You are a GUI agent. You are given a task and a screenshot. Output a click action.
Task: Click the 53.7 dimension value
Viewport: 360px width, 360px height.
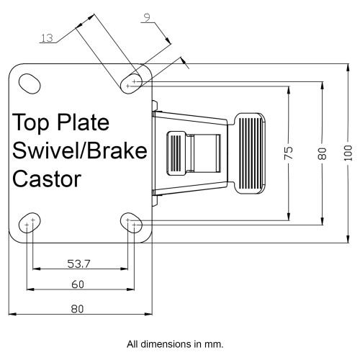click(x=78, y=264)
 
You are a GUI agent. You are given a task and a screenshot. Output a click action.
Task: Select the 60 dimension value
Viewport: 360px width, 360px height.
click(x=78, y=284)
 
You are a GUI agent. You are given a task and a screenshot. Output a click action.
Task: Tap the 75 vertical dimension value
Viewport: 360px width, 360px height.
click(x=289, y=153)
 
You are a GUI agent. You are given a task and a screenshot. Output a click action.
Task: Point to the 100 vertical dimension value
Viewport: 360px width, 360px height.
click(x=348, y=153)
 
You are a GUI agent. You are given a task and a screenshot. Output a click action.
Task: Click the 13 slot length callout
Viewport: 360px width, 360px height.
click(x=47, y=38)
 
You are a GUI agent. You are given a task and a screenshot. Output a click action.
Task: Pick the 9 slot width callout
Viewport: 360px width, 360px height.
click(x=147, y=17)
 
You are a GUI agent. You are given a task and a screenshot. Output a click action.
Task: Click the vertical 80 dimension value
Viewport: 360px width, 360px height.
click(x=322, y=153)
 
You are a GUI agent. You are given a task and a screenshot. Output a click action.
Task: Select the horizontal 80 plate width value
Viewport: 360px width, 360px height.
click(x=77, y=309)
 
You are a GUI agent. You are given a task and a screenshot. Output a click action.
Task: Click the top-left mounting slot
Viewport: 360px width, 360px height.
click(x=30, y=84)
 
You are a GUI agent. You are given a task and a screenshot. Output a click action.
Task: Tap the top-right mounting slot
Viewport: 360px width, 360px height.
click(x=131, y=84)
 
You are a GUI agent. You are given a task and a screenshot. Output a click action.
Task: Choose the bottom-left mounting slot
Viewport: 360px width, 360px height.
click(x=30, y=222)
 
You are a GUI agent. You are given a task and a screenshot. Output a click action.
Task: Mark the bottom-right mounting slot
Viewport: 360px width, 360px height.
click(x=131, y=222)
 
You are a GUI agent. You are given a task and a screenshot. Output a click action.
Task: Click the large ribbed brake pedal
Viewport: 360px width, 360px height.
click(x=249, y=153)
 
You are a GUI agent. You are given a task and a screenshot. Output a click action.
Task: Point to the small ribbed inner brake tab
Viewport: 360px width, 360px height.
click(x=176, y=153)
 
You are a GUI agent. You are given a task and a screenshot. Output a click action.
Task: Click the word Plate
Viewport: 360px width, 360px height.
click(x=84, y=122)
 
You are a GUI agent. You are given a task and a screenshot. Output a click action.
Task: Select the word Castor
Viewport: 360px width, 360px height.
click(x=47, y=179)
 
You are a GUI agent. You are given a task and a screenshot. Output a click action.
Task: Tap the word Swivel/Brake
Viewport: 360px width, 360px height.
click(x=80, y=150)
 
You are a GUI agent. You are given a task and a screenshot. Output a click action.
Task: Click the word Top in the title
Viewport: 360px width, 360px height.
click(x=30, y=122)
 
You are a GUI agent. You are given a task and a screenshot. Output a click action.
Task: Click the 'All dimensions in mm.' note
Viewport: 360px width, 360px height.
click(x=175, y=344)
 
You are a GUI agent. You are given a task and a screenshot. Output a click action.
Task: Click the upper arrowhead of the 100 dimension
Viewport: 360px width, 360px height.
click(x=348, y=68)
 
